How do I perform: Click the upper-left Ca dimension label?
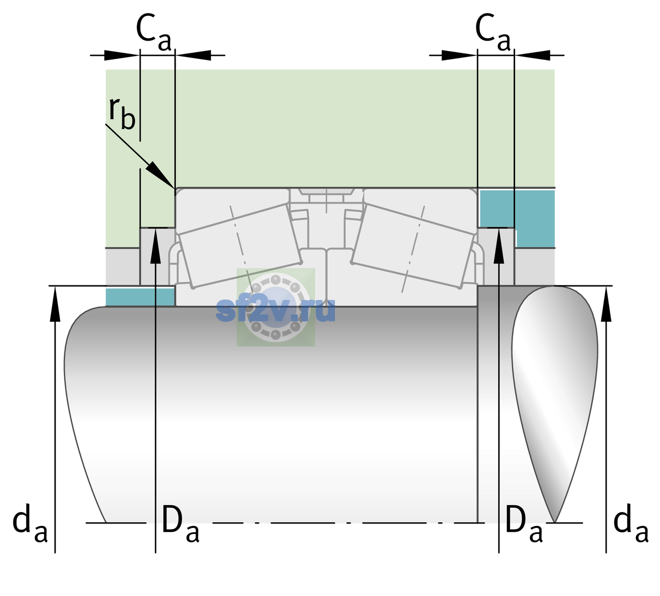154,32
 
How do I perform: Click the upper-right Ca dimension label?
493,32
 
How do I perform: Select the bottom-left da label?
30,523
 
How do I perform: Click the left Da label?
180,523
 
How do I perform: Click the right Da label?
524,523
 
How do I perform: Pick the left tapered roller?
240,246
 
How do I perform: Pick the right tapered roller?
413,246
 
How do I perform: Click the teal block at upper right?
517,219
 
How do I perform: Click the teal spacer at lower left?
140,297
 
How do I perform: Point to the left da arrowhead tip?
55,287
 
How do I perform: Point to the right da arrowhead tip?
606,287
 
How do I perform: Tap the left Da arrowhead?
155,246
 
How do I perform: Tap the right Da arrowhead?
499,246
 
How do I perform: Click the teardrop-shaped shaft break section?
554,404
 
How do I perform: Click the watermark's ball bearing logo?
276,307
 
